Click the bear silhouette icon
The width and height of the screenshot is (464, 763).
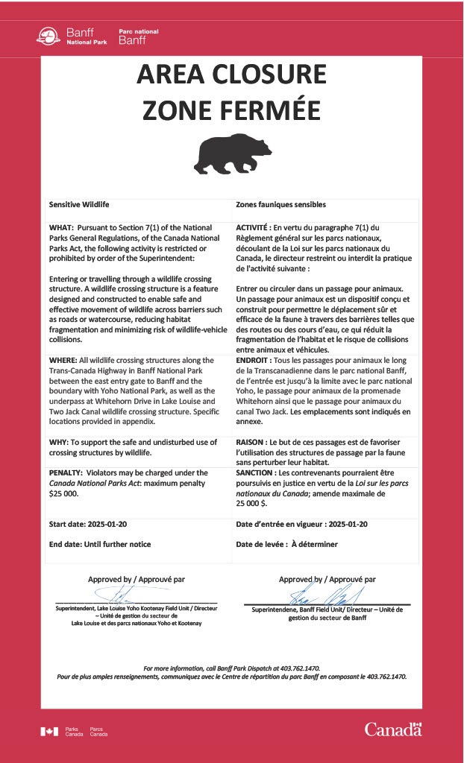[232, 153]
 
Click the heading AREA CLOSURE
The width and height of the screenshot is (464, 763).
[232, 75]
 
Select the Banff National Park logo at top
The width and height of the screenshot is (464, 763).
[97, 36]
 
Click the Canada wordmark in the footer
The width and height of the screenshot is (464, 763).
[393, 729]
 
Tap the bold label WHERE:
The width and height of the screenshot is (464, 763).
[64, 360]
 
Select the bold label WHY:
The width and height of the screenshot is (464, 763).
[60, 442]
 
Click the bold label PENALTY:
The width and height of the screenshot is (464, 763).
[66, 472]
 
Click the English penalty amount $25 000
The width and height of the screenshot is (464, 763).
[63, 493]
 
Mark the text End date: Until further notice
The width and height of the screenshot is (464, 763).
[100, 544]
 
